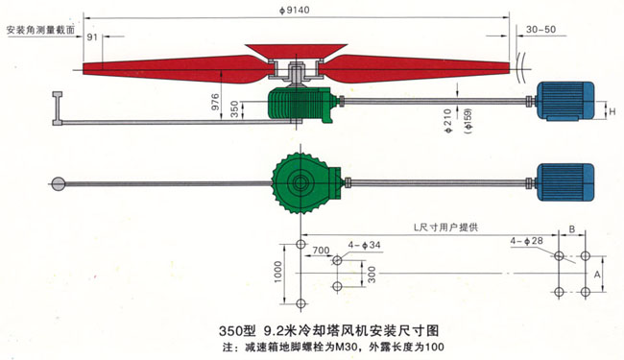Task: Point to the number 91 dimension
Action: pyautogui.click(x=93, y=37)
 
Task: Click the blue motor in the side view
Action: pyautogui.click(x=565, y=101)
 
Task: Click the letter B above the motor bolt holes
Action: pyautogui.click(x=572, y=230)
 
